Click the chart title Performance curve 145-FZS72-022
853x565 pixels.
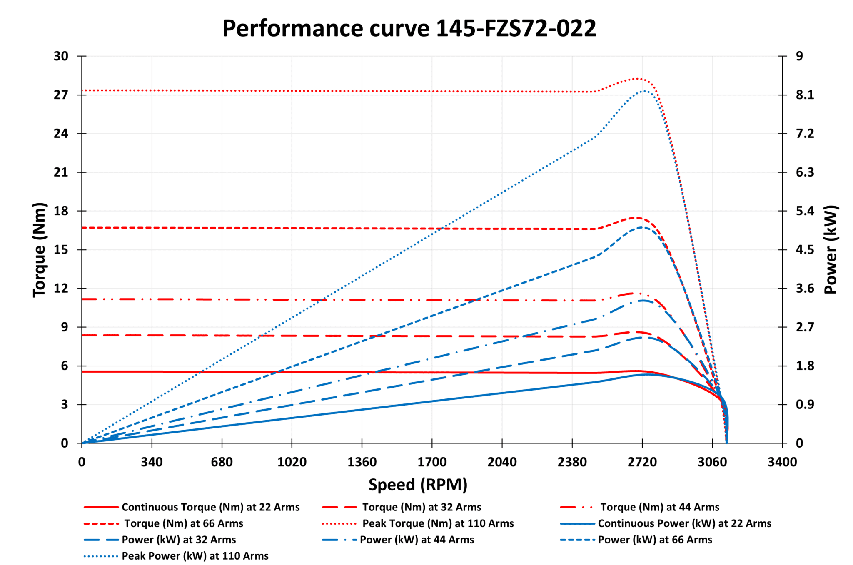click(409, 28)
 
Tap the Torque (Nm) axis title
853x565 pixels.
click(39, 250)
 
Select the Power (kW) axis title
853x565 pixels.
click(831, 250)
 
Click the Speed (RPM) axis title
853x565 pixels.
click(418, 485)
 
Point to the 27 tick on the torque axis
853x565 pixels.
click(61, 95)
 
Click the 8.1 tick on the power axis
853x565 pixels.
click(805, 95)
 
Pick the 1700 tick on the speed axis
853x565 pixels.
click(432, 462)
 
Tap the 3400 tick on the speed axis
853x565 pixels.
click(782, 462)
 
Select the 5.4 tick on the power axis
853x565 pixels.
click(805, 211)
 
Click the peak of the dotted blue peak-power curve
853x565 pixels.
click(644, 91)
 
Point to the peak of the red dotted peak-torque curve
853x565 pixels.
click(638, 78)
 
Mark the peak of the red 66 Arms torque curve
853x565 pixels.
click(635, 217)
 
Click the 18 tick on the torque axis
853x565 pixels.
click(61, 211)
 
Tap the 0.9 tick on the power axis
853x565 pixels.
click(805, 405)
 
